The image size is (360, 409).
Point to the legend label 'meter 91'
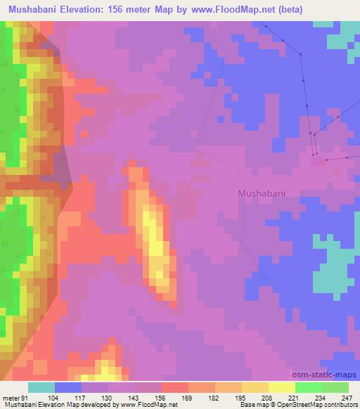(x=13, y=397)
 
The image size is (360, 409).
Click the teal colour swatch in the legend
(x=41, y=387)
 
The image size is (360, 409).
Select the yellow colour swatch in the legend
(x=282, y=387)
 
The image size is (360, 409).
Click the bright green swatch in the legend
(x=309, y=387)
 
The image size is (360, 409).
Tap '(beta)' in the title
(x=337, y=10)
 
